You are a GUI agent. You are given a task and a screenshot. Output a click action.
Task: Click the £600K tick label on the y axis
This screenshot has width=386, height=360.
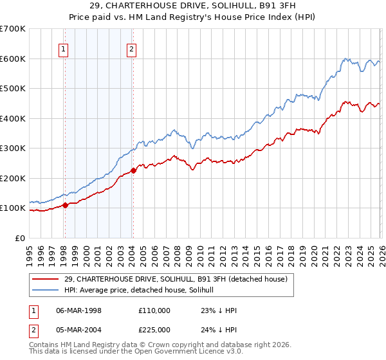[x=13, y=59]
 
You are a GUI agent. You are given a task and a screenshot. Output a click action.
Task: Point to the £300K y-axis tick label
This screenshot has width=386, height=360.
[x=13, y=148]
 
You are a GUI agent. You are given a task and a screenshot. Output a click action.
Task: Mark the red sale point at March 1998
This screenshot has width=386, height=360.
[x=65, y=206]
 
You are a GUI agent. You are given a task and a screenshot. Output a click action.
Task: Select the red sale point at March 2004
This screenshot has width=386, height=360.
[x=133, y=170]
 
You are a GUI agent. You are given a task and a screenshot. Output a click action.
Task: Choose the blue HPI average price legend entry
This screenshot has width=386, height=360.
[x=141, y=290]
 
